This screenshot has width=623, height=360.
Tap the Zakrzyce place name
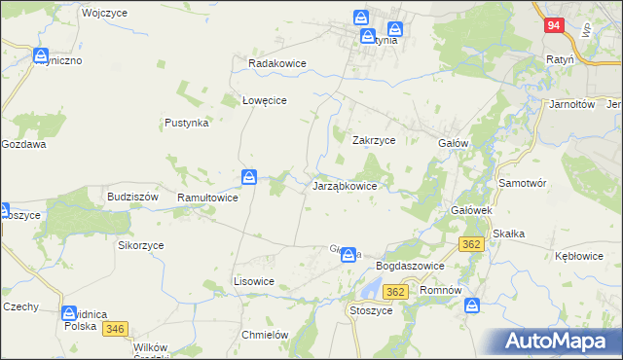coord(373,140)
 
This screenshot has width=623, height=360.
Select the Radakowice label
coord(277,63)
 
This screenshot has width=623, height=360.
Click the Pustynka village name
coord(186,124)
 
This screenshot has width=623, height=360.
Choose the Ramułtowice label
coord(207,198)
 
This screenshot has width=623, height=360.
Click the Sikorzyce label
coord(141,246)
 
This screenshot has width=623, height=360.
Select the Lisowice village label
coord(253,281)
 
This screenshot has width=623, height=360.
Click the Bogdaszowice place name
coord(410,266)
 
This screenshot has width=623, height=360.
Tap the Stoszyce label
coord(370,310)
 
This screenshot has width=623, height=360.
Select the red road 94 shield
coord(552,26)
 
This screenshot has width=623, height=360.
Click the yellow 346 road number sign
coord(115,330)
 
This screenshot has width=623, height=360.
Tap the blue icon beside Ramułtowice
coord(250,177)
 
